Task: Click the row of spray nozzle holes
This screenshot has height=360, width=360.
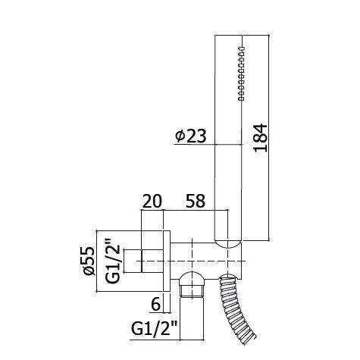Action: click(x=240, y=73)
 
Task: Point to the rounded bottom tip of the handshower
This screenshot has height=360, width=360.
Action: click(x=228, y=244)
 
